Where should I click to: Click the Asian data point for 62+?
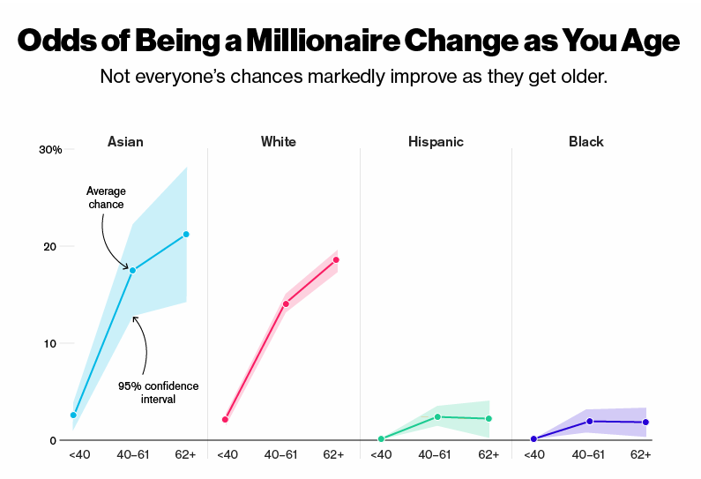click(x=186, y=234)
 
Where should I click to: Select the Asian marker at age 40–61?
click(x=132, y=270)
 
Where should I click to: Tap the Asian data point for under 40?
click(x=74, y=415)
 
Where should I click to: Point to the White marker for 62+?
click(x=336, y=259)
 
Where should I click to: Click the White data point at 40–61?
click(x=285, y=303)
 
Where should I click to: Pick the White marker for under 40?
click(x=226, y=419)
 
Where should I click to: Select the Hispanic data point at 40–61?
click(x=437, y=416)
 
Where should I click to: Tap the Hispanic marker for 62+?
click(x=488, y=418)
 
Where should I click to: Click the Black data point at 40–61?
click(x=589, y=421)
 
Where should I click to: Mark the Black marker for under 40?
click(x=533, y=438)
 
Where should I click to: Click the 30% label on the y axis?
click(x=50, y=150)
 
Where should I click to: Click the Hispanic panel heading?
click(x=436, y=141)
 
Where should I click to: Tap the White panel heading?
click(x=278, y=141)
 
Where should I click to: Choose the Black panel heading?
click(x=586, y=141)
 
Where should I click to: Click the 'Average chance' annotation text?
click(x=105, y=198)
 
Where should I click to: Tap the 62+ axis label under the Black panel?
click(x=641, y=454)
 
